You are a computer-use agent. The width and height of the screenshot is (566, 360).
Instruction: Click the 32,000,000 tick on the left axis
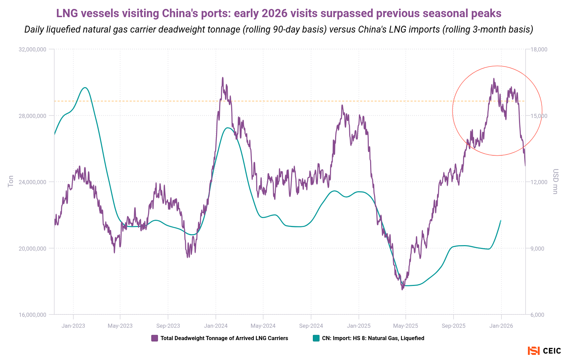pyautogui.click(x=32, y=49)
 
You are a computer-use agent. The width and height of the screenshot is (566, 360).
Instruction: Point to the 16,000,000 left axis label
pyautogui.click(x=32, y=315)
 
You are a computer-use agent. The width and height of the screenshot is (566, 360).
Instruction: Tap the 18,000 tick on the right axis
pyautogui.click(x=539, y=49)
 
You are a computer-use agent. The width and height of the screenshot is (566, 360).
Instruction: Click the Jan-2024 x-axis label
pyautogui.click(x=215, y=326)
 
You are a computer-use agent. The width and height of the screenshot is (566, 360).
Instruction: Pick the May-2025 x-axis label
pyautogui.click(x=405, y=326)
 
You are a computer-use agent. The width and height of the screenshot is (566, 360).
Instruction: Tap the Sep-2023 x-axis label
pyautogui.click(x=168, y=326)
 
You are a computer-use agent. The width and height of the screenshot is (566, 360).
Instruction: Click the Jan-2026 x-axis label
pyautogui.click(x=501, y=326)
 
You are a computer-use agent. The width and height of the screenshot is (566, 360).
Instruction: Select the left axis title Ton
pyautogui.click(x=11, y=181)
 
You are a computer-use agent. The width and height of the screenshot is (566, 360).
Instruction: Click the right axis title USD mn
pyautogui.click(x=555, y=181)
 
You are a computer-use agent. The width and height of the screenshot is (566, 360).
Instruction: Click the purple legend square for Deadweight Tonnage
pyautogui.click(x=155, y=338)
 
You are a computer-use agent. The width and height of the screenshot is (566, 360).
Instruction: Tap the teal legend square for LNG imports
pyautogui.click(x=316, y=338)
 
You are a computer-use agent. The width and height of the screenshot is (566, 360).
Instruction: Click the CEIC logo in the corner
pyautogui.click(x=544, y=351)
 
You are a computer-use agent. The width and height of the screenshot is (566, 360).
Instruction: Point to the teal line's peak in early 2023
pyautogui.click(x=85, y=87)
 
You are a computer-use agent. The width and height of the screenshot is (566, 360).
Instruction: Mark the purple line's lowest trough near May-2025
pyautogui.click(x=402, y=289)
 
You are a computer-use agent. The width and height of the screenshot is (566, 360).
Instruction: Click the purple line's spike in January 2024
pyautogui.click(x=222, y=78)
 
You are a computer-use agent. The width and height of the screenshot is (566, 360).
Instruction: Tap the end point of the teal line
pyautogui.click(x=501, y=220)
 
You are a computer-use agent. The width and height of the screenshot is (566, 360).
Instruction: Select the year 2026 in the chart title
pyautogui.click(x=274, y=13)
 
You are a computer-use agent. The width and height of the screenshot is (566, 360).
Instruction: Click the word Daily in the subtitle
pyautogui.click(x=34, y=29)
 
